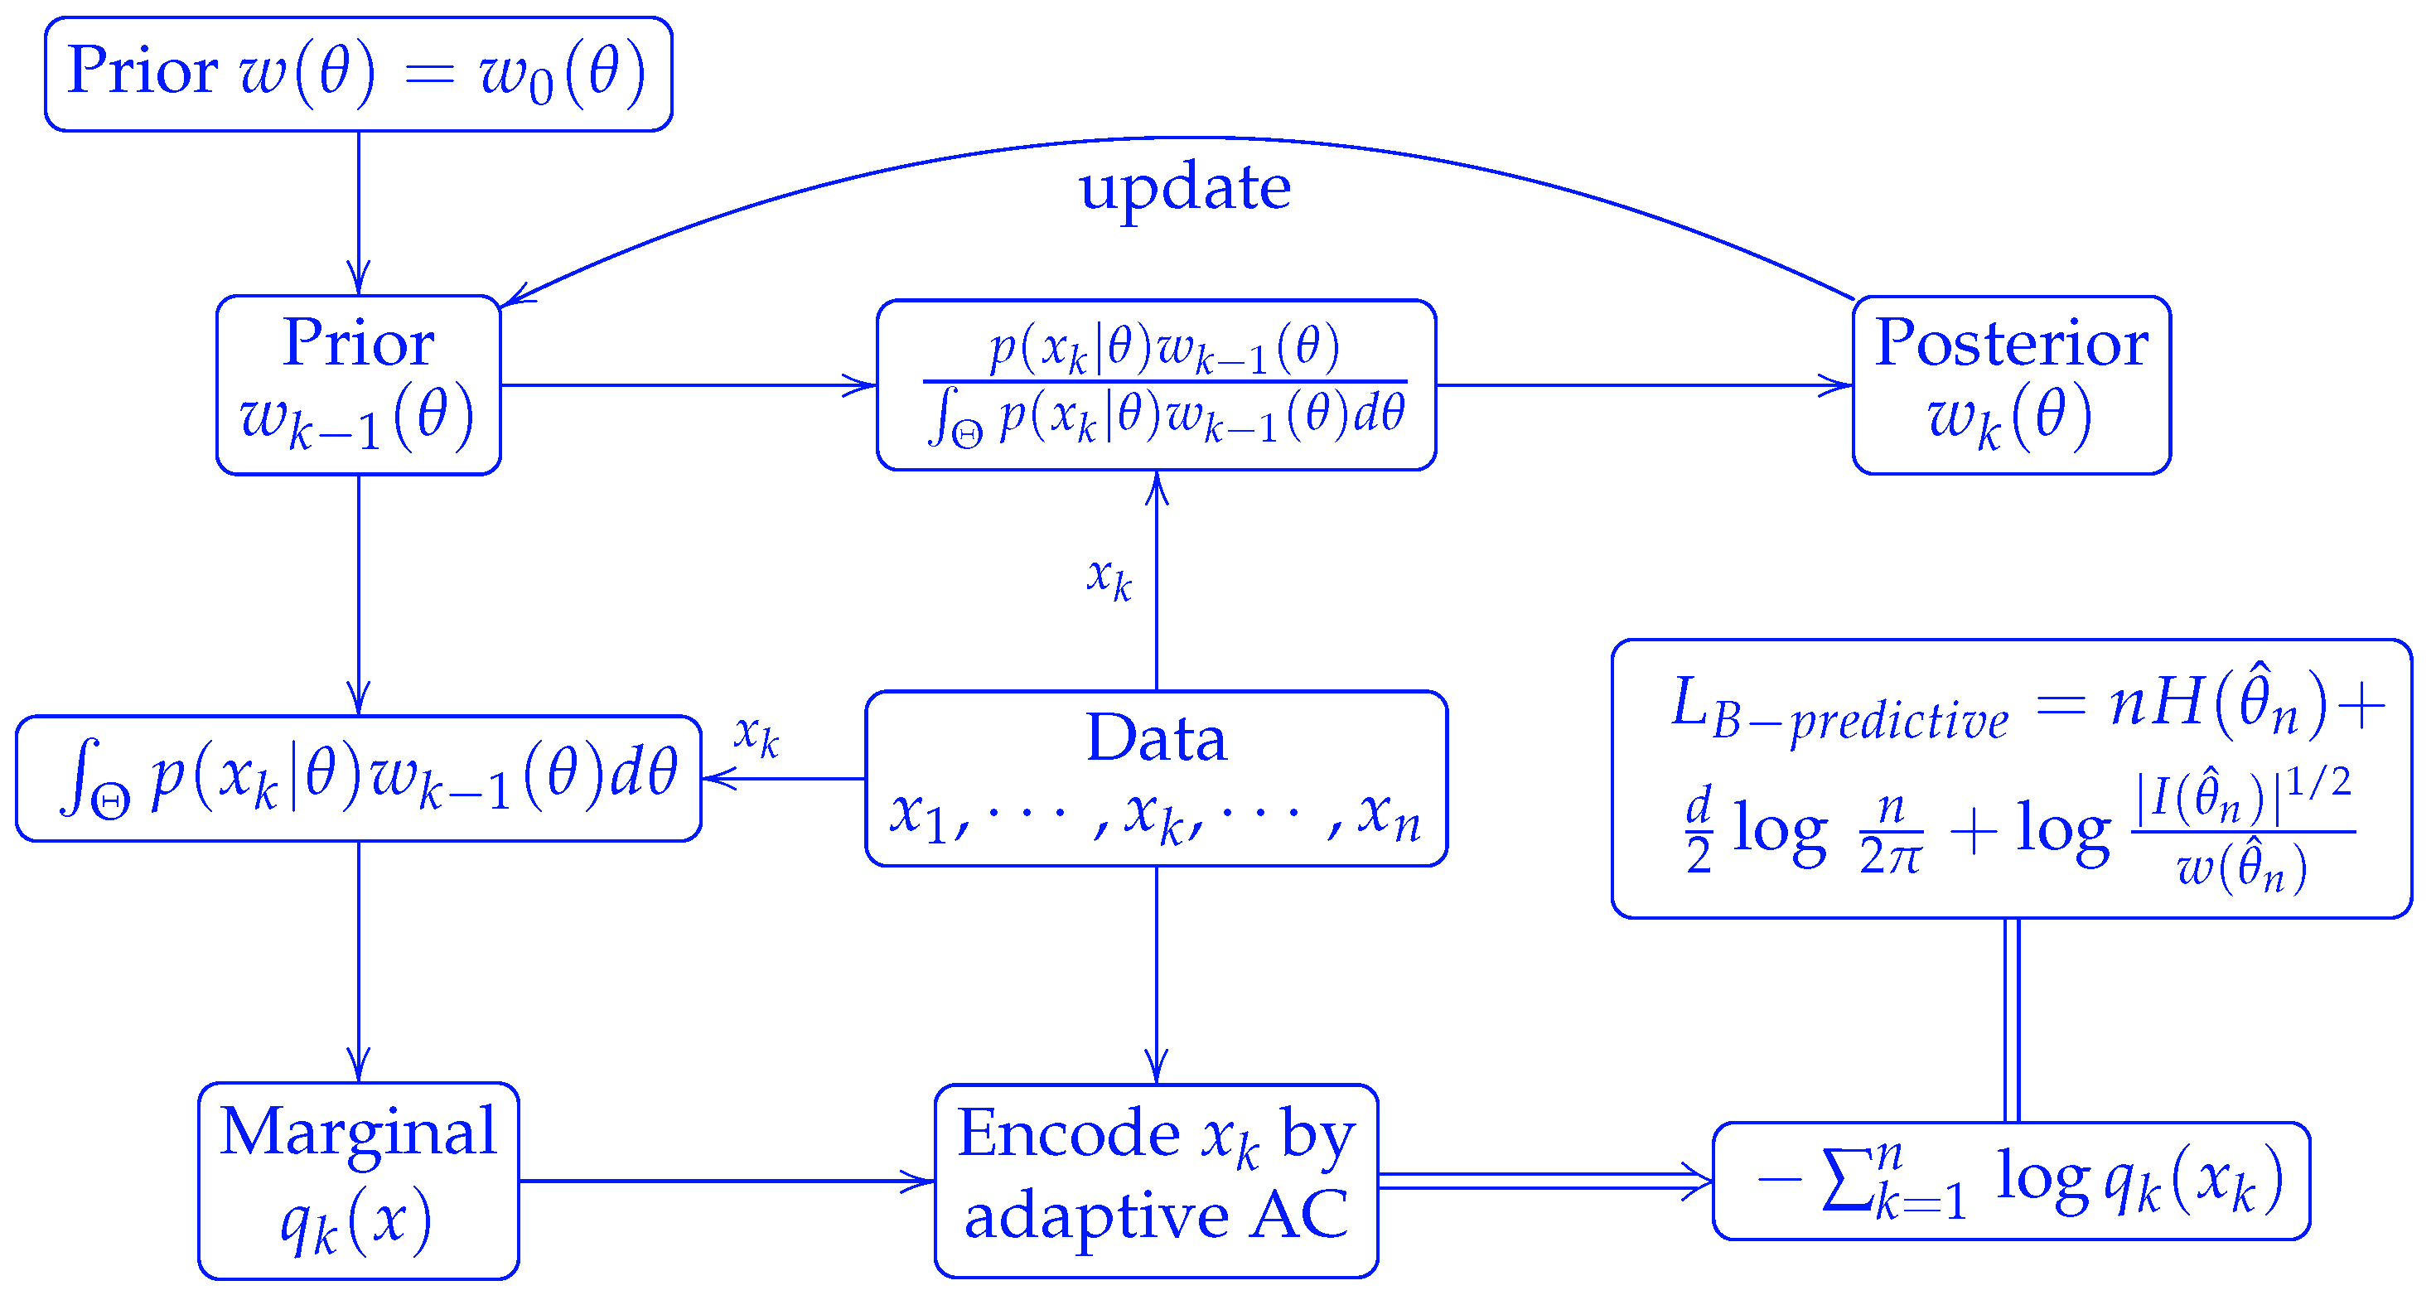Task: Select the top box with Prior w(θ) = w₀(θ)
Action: click(359, 74)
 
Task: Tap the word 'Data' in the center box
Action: click(1156, 738)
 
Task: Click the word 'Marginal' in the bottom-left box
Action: click(359, 1132)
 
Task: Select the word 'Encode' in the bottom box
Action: click(1068, 1133)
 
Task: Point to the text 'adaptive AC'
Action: click(1156, 1215)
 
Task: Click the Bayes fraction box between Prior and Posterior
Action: click(1156, 384)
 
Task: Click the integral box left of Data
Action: click(359, 778)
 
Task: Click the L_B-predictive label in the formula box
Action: click(1839, 709)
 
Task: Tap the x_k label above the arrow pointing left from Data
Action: click(756, 733)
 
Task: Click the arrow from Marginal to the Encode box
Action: click(727, 1181)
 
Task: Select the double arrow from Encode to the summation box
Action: click(1544, 1181)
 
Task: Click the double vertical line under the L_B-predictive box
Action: click(2012, 1019)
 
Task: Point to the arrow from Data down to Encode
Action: click(1156, 974)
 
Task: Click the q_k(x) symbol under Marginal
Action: click(356, 1221)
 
